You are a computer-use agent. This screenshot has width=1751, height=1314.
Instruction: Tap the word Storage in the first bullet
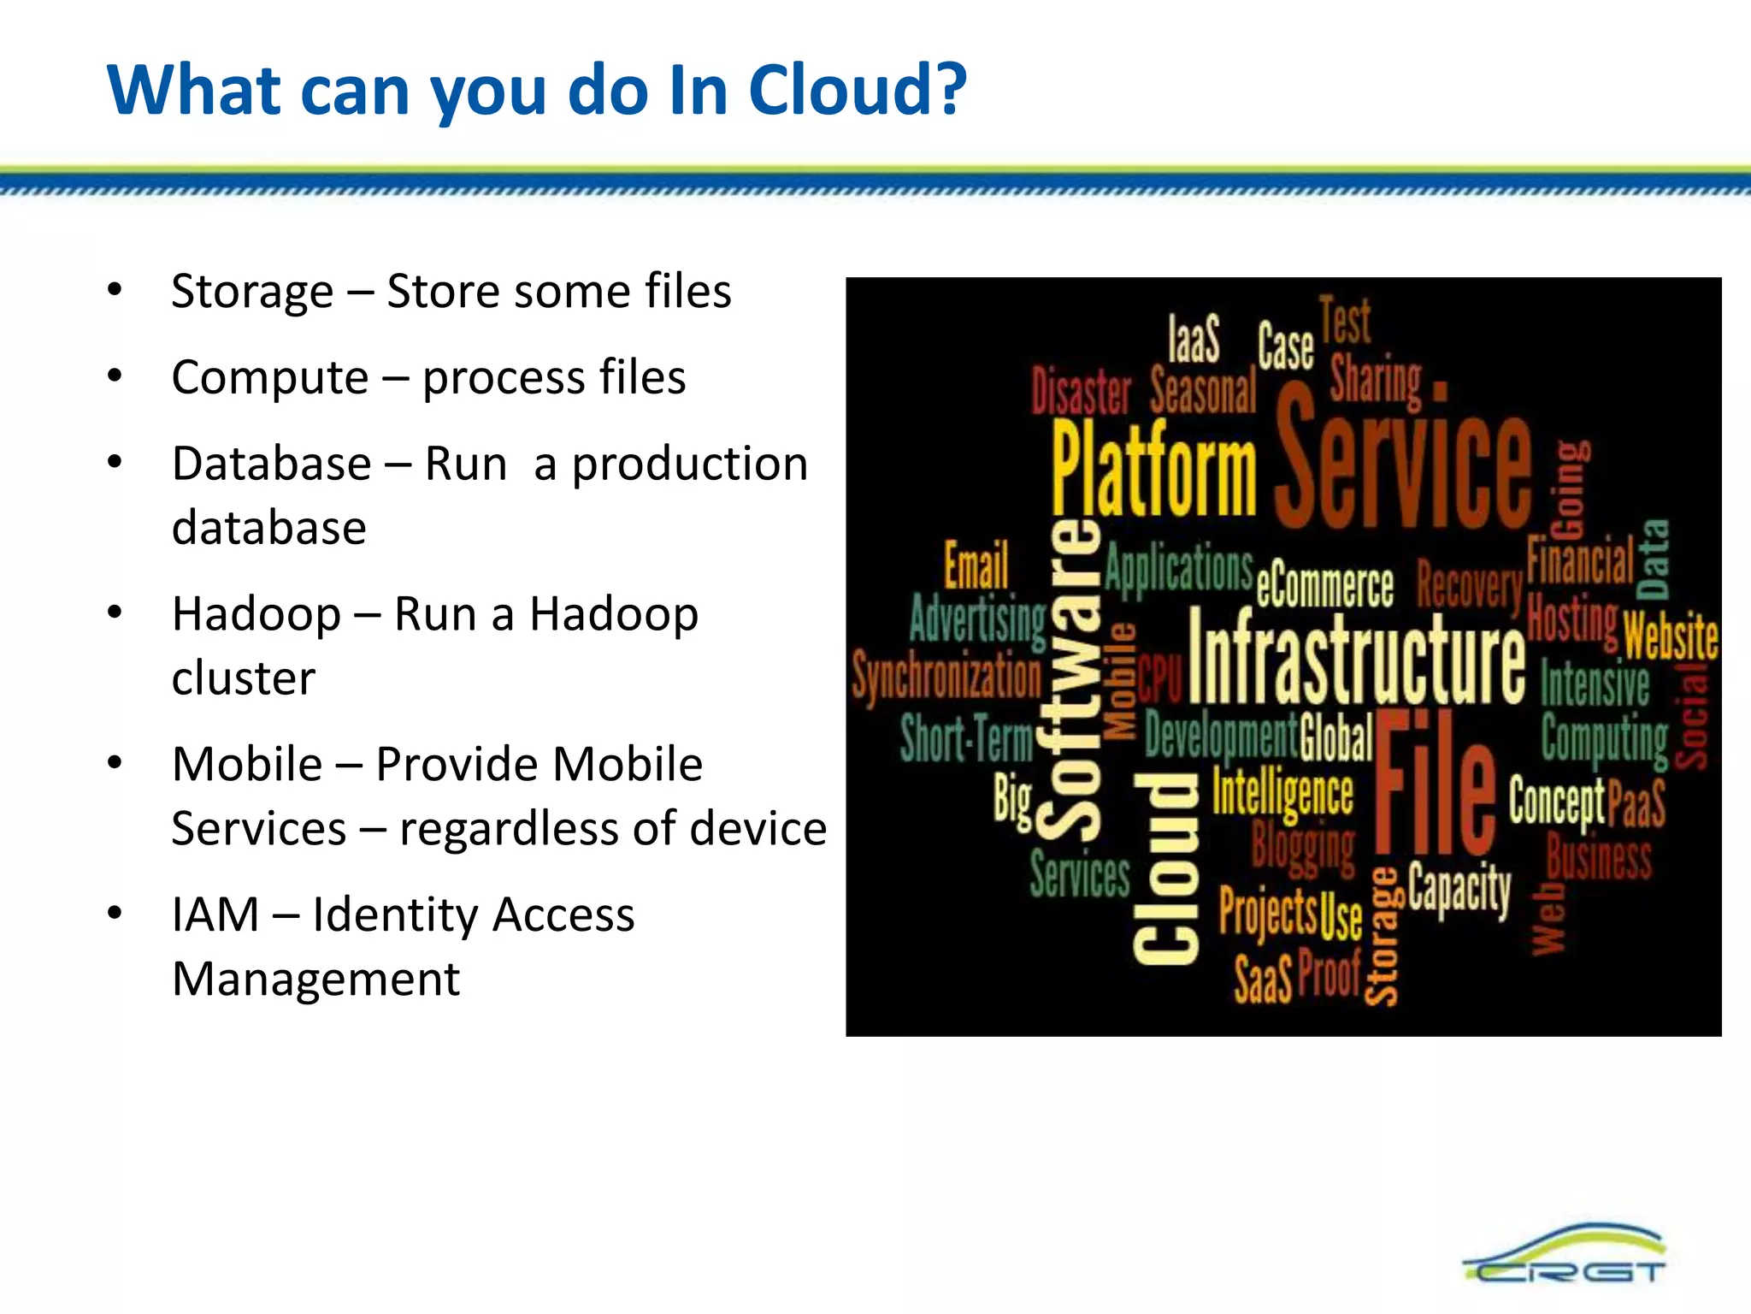click(252, 293)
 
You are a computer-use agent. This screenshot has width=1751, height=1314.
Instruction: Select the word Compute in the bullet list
click(269, 378)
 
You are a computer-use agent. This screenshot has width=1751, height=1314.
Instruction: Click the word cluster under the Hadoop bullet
click(244, 678)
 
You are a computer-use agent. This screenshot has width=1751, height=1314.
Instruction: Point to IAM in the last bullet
click(215, 914)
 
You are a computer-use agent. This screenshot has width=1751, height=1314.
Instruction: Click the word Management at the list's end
click(315, 980)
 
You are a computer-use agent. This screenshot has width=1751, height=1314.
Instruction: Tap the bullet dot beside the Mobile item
click(115, 762)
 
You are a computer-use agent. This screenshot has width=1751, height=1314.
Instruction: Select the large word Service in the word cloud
click(1402, 462)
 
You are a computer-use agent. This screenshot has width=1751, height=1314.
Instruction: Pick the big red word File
click(1434, 785)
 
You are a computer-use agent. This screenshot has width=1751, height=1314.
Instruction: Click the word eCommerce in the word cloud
click(1325, 586)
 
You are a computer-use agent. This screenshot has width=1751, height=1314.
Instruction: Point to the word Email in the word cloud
click(976, 566)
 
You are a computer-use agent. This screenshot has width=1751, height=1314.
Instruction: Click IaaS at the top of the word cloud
click(1194, 339)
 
